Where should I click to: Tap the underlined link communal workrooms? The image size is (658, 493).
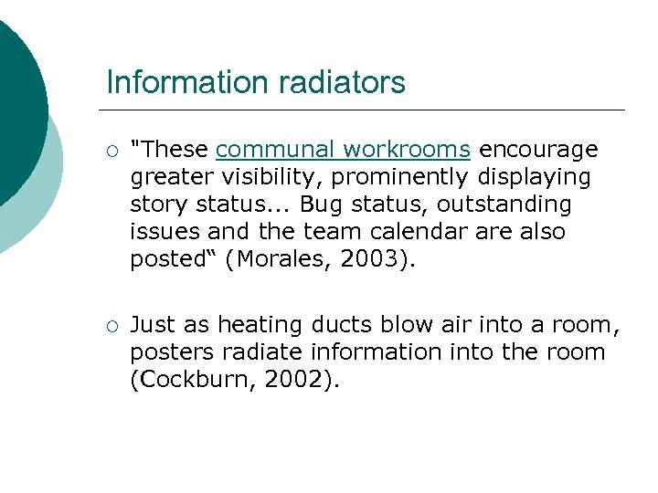pos(344,150)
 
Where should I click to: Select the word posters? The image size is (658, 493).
pos(167,352)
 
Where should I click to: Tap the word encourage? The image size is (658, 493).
pos(538,150)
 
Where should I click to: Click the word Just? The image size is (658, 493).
pos(151,325)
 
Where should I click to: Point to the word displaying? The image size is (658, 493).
pos(534,177)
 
